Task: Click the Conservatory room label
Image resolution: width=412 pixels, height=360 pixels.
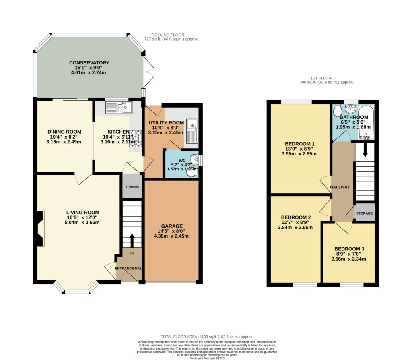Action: pyautogui.click(x=89, y=62)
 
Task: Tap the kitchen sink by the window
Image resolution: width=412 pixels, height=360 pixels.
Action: pyautogui.click(x=119, y=107)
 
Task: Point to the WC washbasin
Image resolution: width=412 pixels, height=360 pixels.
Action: pyautogui.click(x=194, y=159)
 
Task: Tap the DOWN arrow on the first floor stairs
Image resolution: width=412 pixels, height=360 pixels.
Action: pyautogui.click(x=365, y=151)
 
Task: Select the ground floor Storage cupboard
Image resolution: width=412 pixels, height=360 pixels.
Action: pyautogui.click(x=132, y=186)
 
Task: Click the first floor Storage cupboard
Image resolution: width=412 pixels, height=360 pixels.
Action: pyautogui.click(x=365, y=213)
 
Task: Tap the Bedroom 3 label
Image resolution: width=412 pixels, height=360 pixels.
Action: pyautogui.click(x=349, y=249)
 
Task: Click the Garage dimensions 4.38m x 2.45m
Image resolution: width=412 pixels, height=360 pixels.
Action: pyautogui.click(x=171, y=236)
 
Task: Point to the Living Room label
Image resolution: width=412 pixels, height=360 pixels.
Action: pyautogui.click(x=83, y=213)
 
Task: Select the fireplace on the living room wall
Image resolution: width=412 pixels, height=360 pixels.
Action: pyautogui.click(x=40, y=228)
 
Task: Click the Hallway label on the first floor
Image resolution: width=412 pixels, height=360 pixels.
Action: pyautogui.click(x=340, y=187)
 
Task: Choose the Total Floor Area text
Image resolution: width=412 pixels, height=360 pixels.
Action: pyautogui.click(x=207, y=337)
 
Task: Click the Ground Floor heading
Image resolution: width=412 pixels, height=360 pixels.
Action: pyautogui.click(x=168, y=35)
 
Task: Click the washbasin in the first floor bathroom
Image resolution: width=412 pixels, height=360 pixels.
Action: pyautogui.click(x=350, y=108)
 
